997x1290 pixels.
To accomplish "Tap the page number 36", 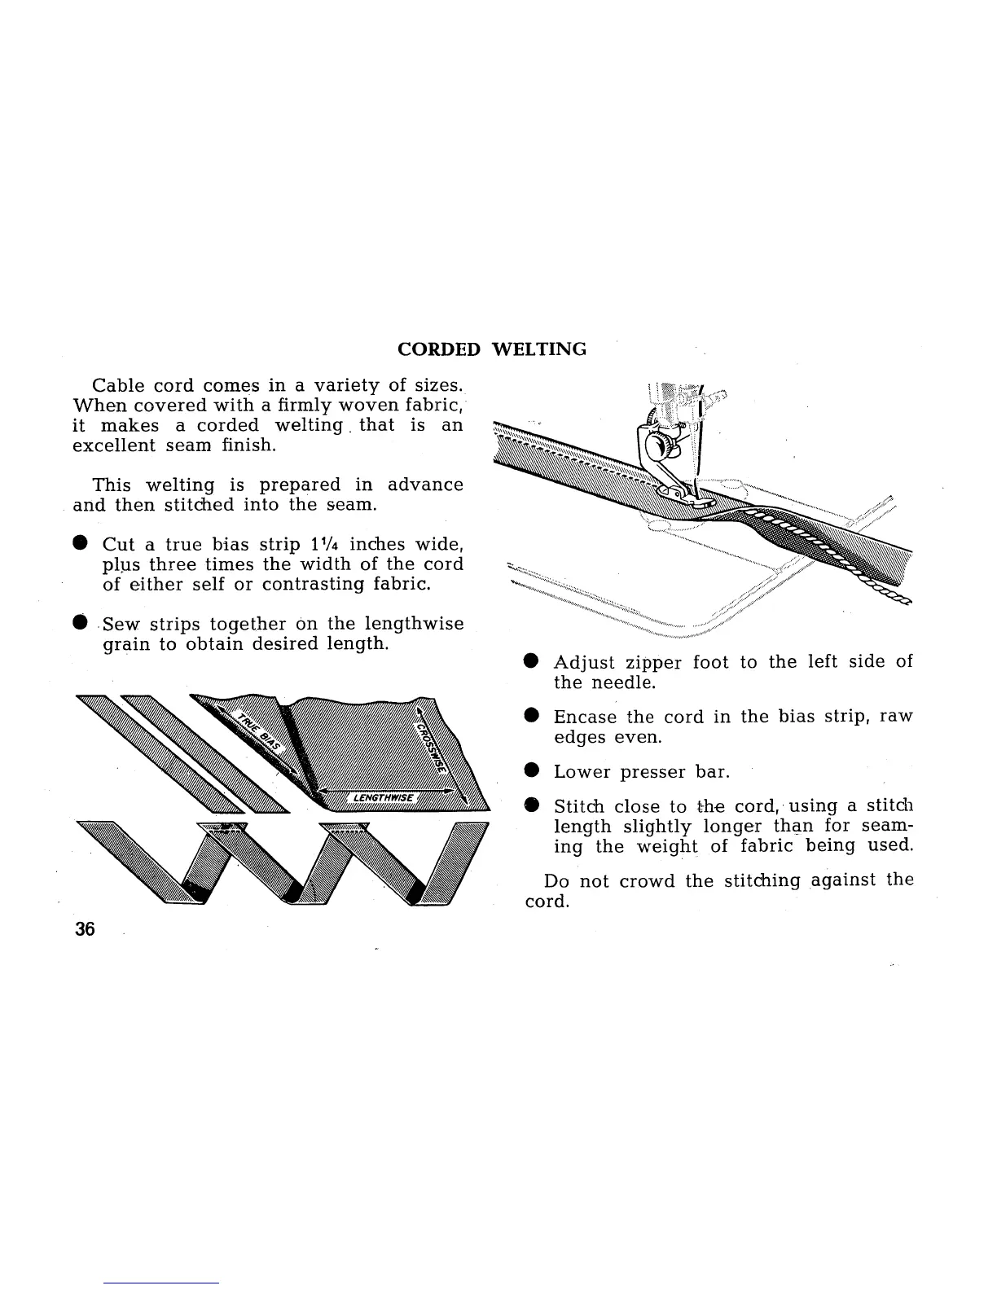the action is tap(85, 929).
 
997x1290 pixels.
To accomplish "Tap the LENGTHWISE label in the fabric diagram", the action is tap(383, 796).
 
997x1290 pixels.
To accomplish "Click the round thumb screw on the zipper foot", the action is tap(657, 446).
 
